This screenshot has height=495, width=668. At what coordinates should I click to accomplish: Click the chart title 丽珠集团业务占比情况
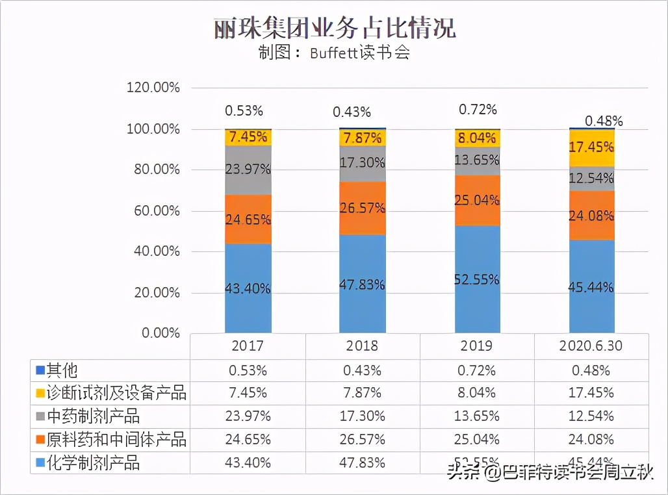point(334,29)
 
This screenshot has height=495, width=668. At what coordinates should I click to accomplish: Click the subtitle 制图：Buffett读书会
point(334,53)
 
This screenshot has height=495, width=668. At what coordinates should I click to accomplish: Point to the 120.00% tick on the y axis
point(153,88)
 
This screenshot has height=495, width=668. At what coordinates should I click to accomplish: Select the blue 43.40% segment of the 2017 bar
point(248,288)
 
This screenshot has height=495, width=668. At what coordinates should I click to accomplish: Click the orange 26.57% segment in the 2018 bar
point(363,208)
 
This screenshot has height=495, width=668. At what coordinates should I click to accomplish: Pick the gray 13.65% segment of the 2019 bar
point(478,160)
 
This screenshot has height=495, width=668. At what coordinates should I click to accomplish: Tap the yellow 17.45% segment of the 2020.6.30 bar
point(591,148)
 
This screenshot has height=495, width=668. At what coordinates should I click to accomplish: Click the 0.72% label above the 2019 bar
point(478,109)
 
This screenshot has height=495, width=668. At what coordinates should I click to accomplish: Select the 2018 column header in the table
point(363,346)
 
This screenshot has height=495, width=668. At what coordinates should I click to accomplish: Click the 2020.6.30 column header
point(591,346)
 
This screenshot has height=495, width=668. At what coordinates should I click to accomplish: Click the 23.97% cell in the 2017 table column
point(248,416)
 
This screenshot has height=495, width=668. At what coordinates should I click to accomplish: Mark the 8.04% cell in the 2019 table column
point(478,393)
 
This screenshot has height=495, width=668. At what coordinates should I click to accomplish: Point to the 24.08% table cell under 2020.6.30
point(591,439)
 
